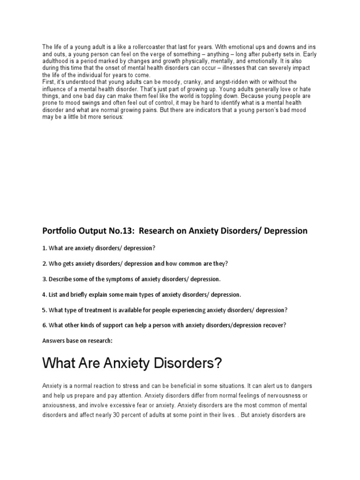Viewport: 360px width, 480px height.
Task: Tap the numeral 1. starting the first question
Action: pos(45,247)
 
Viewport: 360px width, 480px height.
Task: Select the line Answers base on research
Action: pos(77,341)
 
